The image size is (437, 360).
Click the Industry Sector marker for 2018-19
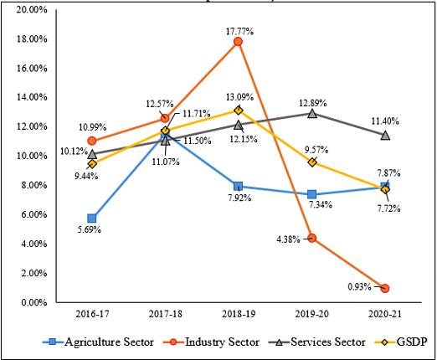point(238,42)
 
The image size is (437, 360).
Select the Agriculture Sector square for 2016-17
point(92,218)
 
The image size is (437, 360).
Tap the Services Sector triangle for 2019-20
point(312,113)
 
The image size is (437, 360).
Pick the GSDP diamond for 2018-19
point(239,111)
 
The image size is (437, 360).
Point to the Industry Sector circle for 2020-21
point(385,288)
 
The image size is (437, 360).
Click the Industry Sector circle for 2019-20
point(312,238)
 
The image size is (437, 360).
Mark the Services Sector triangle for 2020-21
point(385,136)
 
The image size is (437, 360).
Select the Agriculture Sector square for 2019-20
point(312,194)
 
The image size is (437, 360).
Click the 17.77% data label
point(239,32)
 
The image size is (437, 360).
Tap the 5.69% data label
point(90,229)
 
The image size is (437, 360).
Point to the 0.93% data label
point(359,286)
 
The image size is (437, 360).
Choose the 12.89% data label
point(313,103)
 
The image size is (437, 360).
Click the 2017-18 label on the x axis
point(166,314)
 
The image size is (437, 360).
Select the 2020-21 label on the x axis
point(385,314)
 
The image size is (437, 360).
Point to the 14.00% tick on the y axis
point(31,97)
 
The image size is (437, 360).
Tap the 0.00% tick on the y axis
point(34,302)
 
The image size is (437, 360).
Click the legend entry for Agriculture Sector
point(98,342)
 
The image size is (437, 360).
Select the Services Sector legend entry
point(316,342)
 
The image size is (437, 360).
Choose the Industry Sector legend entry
point(211,342)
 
